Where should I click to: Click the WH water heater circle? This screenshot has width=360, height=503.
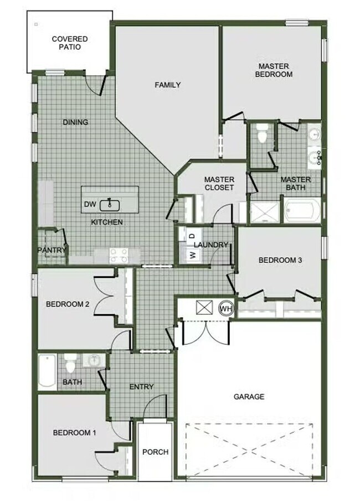pyautogui.click(x=226, y=308)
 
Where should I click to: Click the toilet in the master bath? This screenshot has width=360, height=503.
pyautogui.click(x=263, y=133)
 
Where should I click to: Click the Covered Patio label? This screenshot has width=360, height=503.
pyautogui.click(x=70, y=43)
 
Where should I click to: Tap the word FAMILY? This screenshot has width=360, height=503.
pyautogui.click(x=167, y=85)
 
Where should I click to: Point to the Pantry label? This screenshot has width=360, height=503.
pyautogui.click(x=52, y=250)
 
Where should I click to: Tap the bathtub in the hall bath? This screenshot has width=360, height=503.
pyautogui.click(x=47, y=372)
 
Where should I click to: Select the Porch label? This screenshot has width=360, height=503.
pyautogui.click(x=155, y=452)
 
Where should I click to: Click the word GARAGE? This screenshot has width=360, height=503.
pyautogui.click(x=249, y=396)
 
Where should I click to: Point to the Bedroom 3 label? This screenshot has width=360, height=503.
pyautogui.click(x=280, y=260)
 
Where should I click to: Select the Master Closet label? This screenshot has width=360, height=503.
pyautogui.click(x=219, y=183)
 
